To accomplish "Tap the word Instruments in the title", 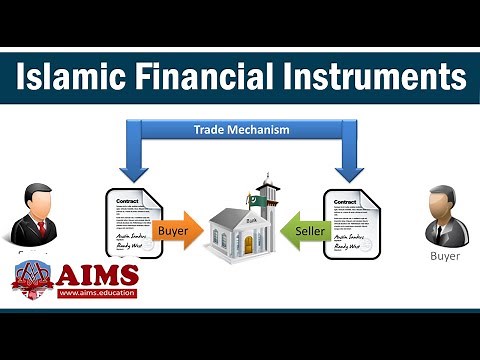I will (x=375, y=76).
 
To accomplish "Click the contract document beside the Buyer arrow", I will (x=131, y=225).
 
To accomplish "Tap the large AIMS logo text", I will (x=100, y=273).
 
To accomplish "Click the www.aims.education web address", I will (x=97, y=294).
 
